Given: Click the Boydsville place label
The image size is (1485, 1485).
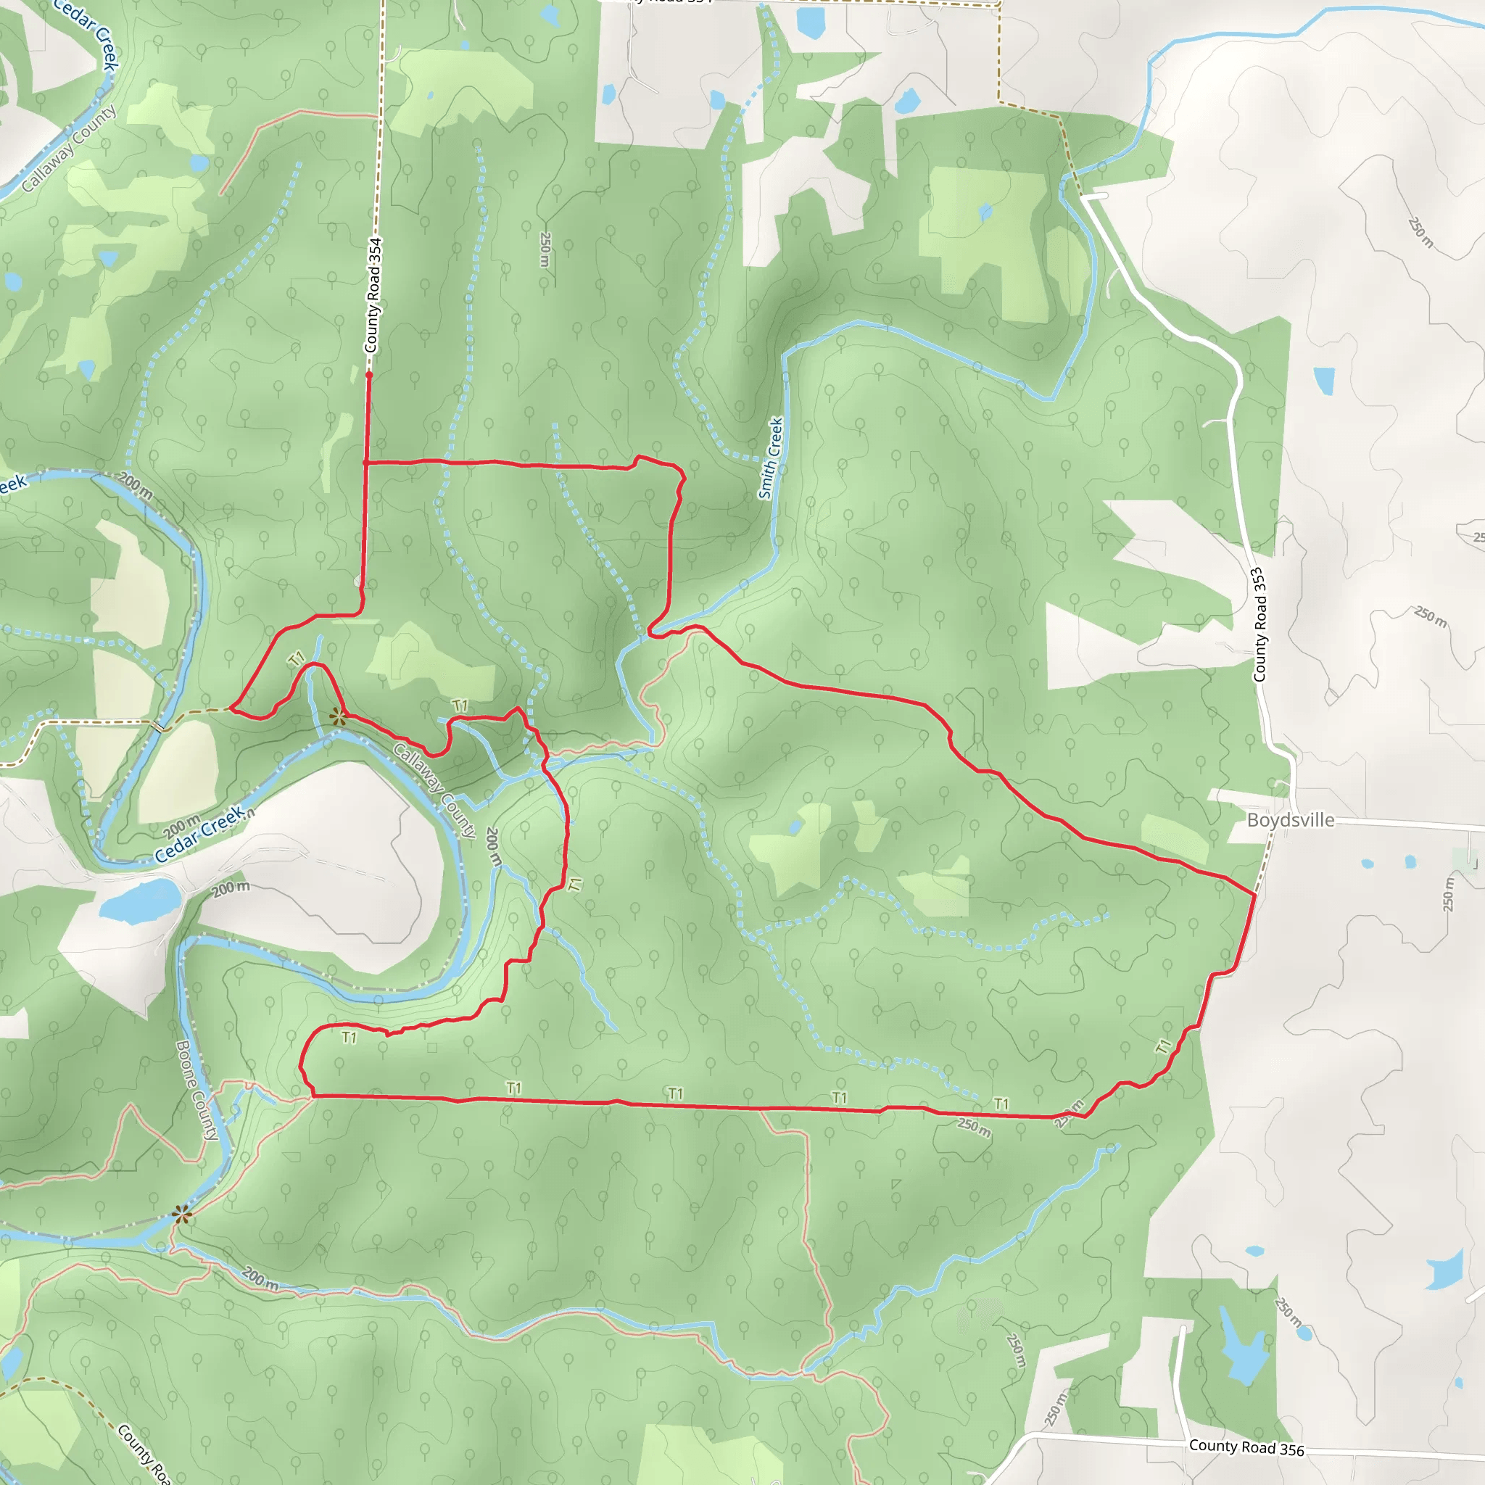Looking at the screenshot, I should pos(1291,820).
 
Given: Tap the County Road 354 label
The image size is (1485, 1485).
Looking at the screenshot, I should pos(373,295).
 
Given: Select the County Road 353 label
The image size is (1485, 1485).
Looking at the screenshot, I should pos(1259,625).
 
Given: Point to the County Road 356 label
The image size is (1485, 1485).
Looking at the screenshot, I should pos(1246,1448).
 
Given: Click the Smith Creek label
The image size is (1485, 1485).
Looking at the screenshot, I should pos(770,458).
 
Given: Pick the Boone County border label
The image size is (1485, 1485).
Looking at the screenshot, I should pos(197,1090).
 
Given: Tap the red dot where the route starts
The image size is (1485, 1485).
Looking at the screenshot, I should pos(369,375).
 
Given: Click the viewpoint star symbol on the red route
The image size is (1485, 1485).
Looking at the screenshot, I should pos(337,717).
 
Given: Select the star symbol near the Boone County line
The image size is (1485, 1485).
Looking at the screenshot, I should pos(181,1215).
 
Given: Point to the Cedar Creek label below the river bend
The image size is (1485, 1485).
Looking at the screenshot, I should pos(199,834).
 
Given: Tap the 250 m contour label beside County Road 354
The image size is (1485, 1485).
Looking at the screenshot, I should pos(545,250).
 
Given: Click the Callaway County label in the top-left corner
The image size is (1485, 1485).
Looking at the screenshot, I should pos(69,148).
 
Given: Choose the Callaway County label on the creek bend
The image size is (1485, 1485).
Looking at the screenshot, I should pos(435,790).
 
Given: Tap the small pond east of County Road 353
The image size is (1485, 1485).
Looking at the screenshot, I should pos(1323,381).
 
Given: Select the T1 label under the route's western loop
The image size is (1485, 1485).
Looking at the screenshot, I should pos(349,1038).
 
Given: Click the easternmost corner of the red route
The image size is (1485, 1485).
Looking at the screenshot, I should pos(1255,895).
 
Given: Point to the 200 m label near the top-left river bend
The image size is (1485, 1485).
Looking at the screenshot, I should pos(136,485).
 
